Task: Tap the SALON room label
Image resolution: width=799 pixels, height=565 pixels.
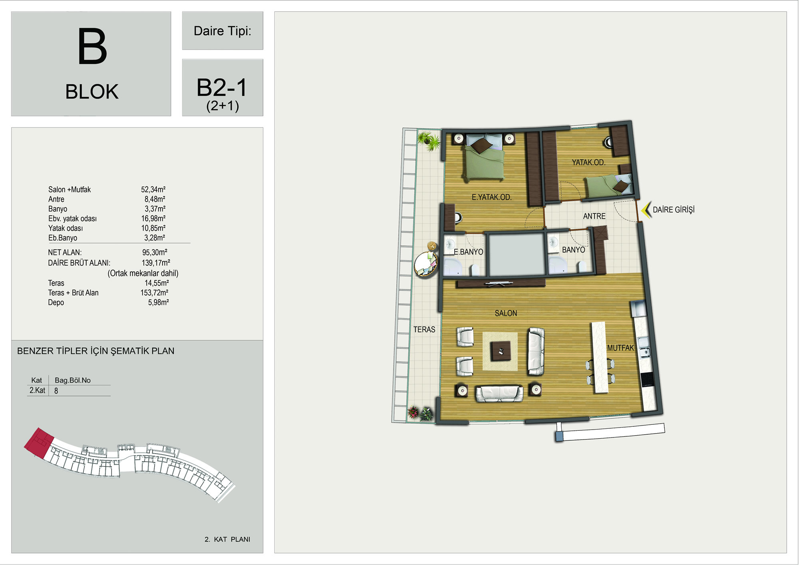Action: coord(506,313)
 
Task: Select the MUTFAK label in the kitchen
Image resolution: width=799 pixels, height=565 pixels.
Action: coord(620,348)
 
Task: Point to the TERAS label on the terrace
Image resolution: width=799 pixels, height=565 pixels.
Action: coord(424,330)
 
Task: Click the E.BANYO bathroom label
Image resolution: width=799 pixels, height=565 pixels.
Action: coord(468,252)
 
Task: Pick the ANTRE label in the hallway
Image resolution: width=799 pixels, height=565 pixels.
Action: coord(594,216)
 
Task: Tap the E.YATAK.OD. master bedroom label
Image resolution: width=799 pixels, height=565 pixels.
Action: coord(491,197)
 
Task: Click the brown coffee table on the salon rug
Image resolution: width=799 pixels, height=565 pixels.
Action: coord(501,351)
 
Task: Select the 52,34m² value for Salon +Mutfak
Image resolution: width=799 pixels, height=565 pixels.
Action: coord(153,189)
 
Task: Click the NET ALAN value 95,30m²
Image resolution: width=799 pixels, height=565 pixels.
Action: coord(155,253)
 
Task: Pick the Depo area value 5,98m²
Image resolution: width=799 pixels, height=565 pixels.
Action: coord(159,302)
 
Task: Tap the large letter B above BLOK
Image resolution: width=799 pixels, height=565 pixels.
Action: coord(92,46)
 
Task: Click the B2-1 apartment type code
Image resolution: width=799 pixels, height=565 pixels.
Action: coord(222,88)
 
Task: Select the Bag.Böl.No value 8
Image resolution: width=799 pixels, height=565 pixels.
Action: coord(56,391)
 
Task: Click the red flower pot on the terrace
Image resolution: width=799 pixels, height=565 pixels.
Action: coord(413,412)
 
